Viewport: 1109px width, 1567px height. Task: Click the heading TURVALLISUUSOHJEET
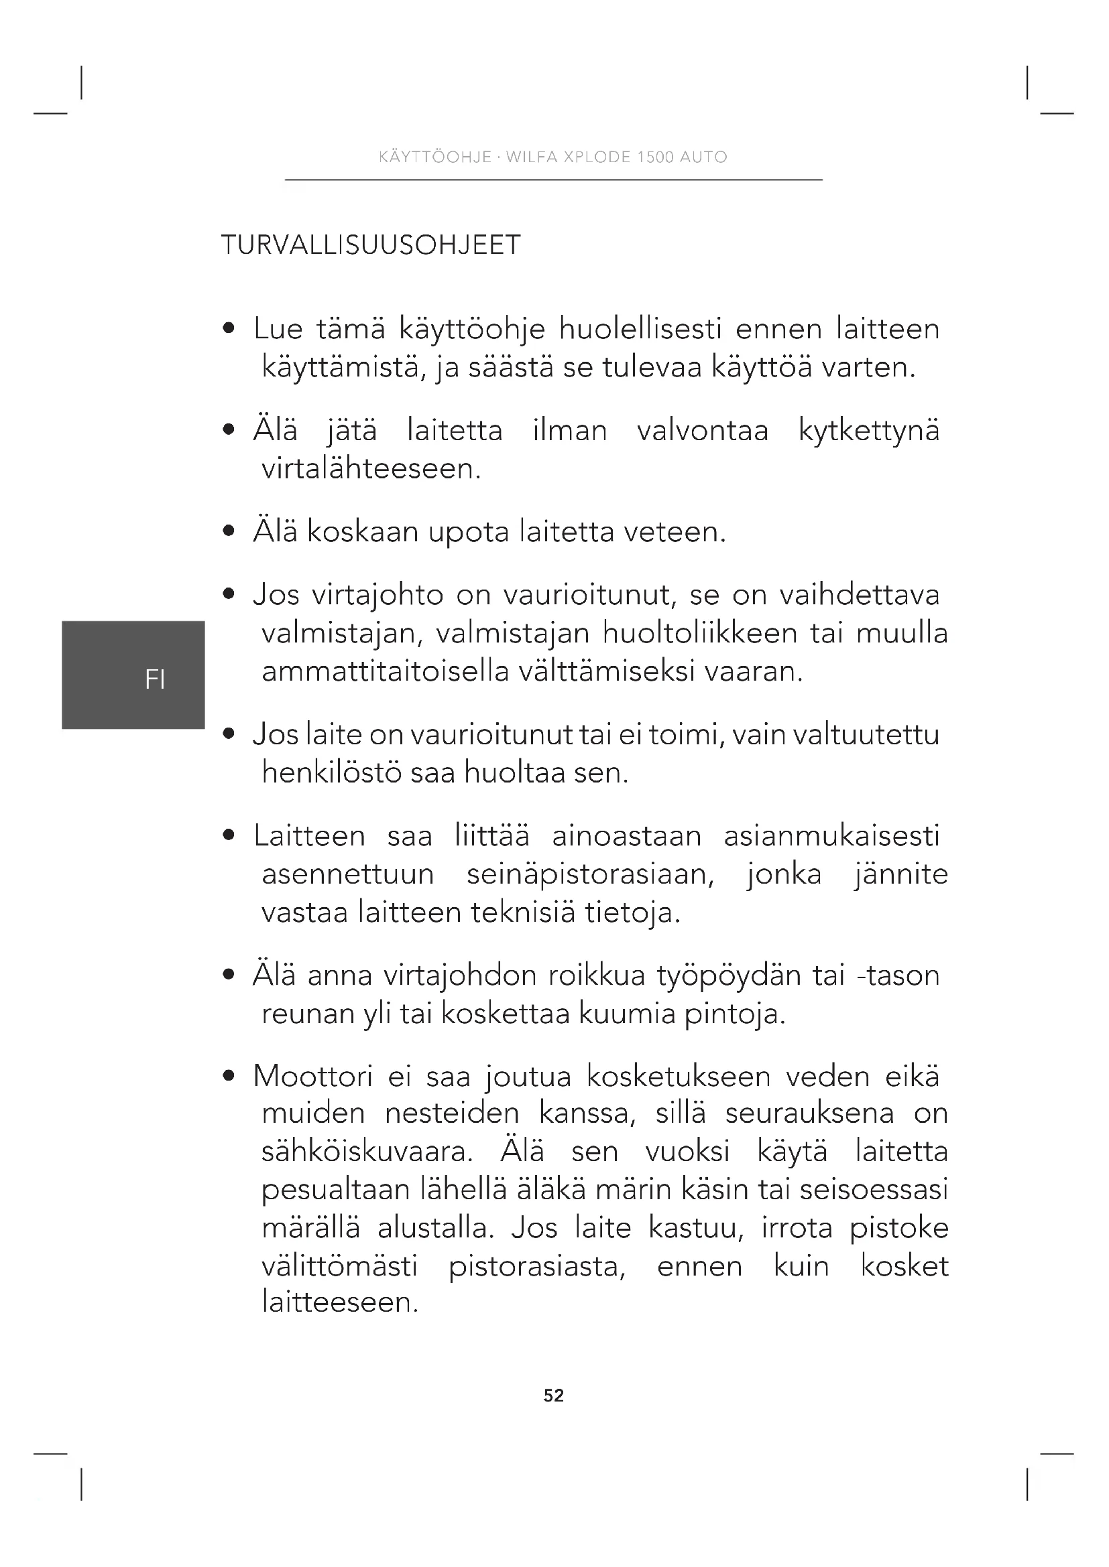(x=371, y=245)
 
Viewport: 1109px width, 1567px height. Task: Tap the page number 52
(x=554, y=1395)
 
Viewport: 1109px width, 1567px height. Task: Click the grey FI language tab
(x=134, y=675)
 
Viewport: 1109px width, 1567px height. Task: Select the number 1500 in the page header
(x=655, y=157)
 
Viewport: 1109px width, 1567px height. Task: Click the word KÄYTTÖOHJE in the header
(x=435, y=157)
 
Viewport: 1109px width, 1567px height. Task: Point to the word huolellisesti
(x=640, y=330)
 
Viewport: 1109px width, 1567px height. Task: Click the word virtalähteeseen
(x=371, y=469)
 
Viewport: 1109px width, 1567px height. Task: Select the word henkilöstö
(x=332, y=773)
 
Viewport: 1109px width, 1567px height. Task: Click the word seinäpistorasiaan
(x=590, y=874)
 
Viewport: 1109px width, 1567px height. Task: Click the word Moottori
(x=312, y=1077)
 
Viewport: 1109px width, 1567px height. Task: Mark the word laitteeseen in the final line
(x=339, y=1302)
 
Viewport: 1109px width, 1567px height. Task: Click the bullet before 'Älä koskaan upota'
(x=229, y=532)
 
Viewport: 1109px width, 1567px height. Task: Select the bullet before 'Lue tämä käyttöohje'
(x=229, y=330)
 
